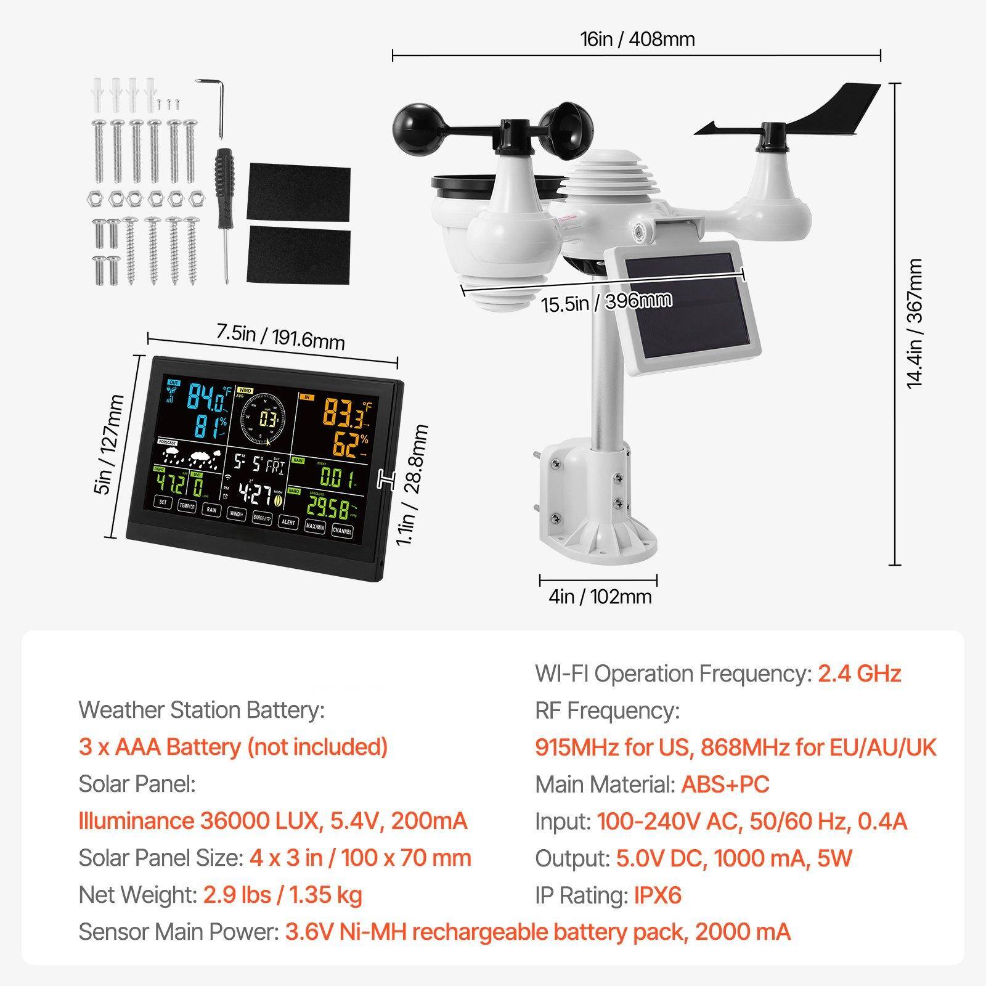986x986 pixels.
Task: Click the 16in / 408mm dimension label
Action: pos(637,39)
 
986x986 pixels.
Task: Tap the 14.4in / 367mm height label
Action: pos(915,323)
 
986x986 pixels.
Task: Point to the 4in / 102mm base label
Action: pos(600,597)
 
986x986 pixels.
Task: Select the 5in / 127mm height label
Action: pos(111,444)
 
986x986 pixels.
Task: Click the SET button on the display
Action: pos(163,502)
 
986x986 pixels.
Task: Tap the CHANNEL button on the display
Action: pos(342,530)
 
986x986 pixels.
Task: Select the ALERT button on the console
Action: pos(288,523)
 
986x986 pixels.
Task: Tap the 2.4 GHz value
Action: pos(859,674)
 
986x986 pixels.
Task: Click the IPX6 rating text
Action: pos(658,895)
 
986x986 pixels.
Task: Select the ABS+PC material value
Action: pos(725,784)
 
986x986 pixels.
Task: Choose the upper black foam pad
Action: pos(298,192)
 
